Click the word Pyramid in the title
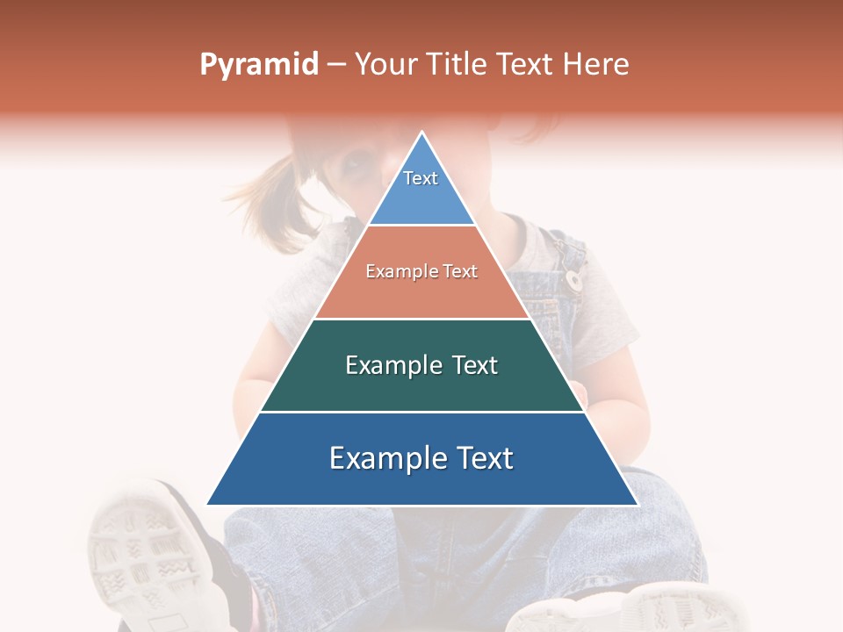pyautogui.click(x=259, y=65)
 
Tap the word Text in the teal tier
pyautogui.click(x=475, y=365)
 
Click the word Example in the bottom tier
pyautogui.click(x=383, y=458)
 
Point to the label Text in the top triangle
pyautogui.click(x=421, y=178)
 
